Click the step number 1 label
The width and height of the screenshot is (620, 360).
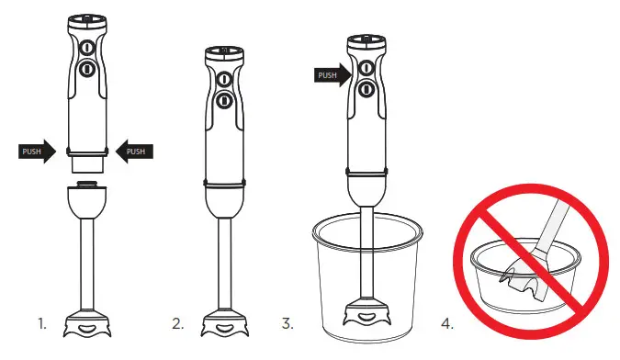coord(42,323)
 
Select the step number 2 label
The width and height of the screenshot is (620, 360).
coord(176,323)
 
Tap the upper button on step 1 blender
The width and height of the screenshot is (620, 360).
coord(87,49)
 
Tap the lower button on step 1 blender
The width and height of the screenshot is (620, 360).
coord(87,69)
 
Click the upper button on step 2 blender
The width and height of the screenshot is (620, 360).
coord(223,80)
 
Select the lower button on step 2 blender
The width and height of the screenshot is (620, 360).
coord(223,100)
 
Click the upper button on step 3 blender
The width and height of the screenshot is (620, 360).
coord(366,68)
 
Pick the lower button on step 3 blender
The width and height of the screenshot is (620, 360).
coord(366,88)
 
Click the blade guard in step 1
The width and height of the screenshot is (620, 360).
coord(88,326)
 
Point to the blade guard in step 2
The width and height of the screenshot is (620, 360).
coord(223,326)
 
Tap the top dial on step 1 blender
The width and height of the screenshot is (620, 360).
coord(87,17)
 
